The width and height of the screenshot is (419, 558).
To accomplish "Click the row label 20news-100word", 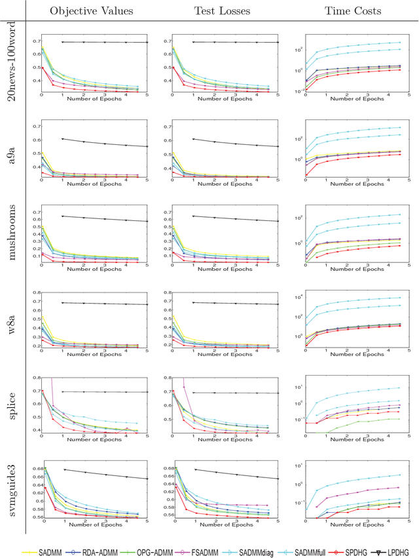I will (x=11, y=59).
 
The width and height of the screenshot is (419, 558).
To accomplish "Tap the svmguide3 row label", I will (x=11, y=481).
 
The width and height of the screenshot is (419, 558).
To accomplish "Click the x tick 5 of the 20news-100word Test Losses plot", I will (x=278, y=96).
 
